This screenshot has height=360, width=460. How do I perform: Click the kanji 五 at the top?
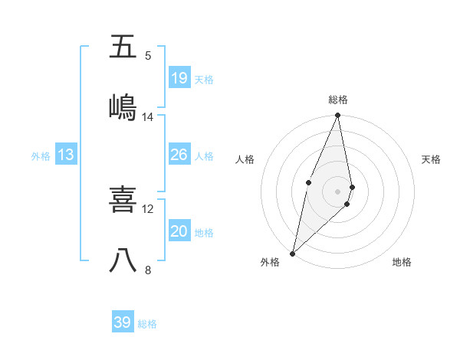(123, 47)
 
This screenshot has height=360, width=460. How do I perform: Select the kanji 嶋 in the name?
(123, 106)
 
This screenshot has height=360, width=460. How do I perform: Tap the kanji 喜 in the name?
(123, 200)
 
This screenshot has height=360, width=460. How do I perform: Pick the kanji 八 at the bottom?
(123, 260)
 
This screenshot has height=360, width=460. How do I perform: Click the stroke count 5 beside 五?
(148, 55)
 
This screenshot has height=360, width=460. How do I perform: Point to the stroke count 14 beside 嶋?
(148, 116)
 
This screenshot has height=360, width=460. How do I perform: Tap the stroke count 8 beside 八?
(148, 269)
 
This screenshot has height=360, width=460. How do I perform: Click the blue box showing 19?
(179, 78)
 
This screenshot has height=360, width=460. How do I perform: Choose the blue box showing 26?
(179, 155)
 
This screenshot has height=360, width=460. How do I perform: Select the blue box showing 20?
(179, 231)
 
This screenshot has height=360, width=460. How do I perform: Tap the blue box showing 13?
(66, 155)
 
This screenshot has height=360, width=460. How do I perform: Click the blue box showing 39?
(123, 322)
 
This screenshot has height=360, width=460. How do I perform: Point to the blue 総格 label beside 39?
(147, 324)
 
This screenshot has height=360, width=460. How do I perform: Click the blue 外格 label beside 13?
(41, 156)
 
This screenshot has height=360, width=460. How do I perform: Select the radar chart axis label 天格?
(432, 159)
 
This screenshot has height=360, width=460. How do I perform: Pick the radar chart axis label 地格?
(402, 262)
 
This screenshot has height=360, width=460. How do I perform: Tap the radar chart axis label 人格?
(245, 159)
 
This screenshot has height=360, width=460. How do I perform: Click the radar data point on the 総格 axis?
(337, 116)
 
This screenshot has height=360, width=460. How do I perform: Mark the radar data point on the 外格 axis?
(292, 253)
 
